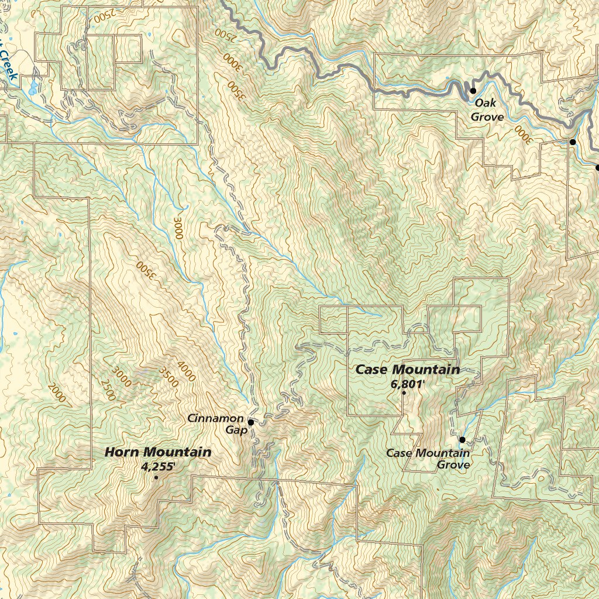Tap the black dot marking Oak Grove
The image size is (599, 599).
pyautogui.click(x=473, y=91)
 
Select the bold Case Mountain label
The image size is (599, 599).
pyautogui.click(x=408, y=370)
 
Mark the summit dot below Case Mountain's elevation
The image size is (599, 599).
pyautogui.click(x=404, y=393)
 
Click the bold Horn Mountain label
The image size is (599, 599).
pyautogui.click(x=158, y=452)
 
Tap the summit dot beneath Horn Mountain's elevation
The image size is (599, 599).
pyautogui.click(x=156, y=478)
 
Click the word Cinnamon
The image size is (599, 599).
pyautogui.click(x=215, y=418)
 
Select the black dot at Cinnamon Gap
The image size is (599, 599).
pyautogui.click(x=250, y=422)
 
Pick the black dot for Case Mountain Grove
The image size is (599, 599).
pyautogui.click(x=462, y=439)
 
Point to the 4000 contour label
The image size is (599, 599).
pyautogui.click(x=187, y=372)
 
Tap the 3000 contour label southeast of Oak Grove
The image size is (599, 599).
pyautogui.click(x=522, y=134)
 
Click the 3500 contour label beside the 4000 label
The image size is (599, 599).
pyautogui.click(x=168, y=377)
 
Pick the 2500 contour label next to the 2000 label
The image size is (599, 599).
pyautogui.click(x=108, y=391)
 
